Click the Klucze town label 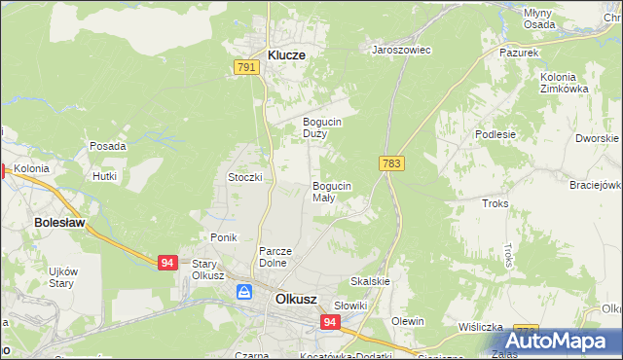[x=280, y=55]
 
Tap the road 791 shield [x=246, y=67]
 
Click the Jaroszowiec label [x=402, y=49]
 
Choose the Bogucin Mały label [x=331, y=191]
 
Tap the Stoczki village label [x=245, y=177]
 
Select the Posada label [x=108, y=146]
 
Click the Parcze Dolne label [x=276, y=257]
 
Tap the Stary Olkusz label [x=208, y=270]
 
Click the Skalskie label [x=370, y=281]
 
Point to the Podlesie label [x=494, y=135]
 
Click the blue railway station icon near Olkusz [x=244, y=291]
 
